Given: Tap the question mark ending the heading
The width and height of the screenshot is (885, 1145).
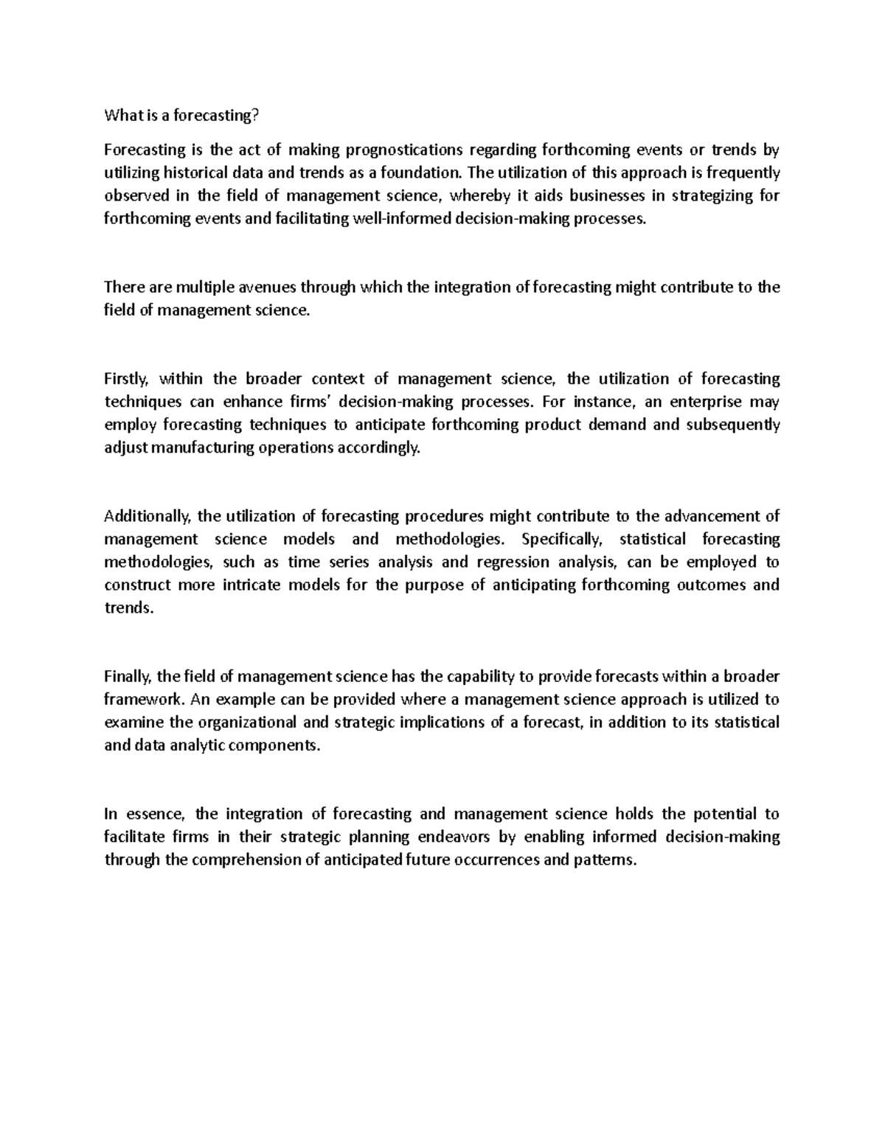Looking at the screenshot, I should pos(258,116).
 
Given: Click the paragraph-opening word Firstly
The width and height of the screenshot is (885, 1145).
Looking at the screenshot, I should pos(127,379).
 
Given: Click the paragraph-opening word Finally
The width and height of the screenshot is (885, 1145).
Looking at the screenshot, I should pos(128,677).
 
